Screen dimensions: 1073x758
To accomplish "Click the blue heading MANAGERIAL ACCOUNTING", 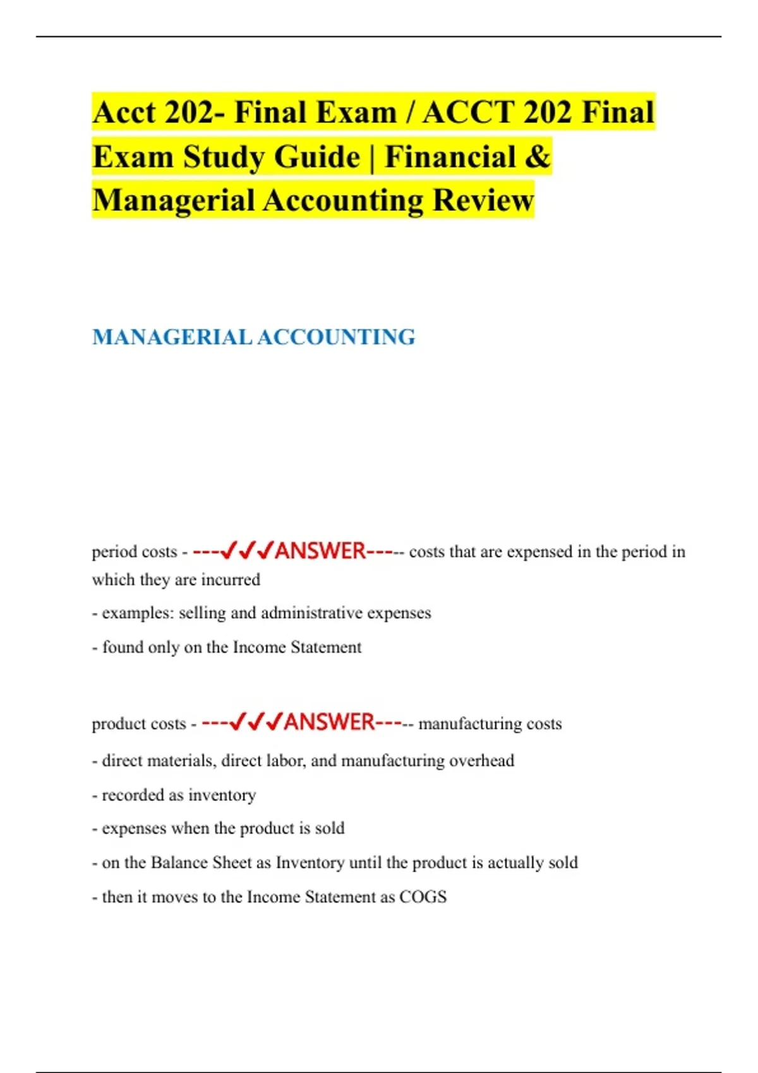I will [x=253, y=337].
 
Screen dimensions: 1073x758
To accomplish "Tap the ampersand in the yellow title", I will [x=537, y=157].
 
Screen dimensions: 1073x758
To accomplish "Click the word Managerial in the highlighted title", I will [x=173, y=201].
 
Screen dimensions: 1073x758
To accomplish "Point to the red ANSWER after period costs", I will [x=320, y=551].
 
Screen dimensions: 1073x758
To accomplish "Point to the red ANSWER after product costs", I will [x=329, y=722].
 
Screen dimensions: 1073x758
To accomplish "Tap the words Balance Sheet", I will [x=202, y=863].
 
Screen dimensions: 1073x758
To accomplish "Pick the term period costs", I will [x=135, y=552].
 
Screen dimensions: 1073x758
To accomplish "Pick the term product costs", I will [x=139, y=724].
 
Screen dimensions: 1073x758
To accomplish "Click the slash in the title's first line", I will [x=410, y=113].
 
